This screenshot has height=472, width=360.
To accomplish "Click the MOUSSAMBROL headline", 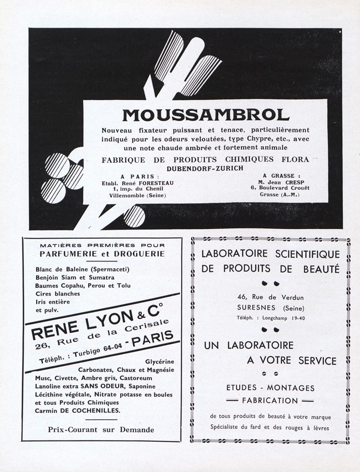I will [x=206, y=115].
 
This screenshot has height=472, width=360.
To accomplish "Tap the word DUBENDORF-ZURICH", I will [x=205, y=168].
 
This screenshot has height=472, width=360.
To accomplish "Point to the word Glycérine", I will [x=160, y=361].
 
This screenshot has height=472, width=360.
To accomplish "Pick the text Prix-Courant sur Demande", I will [x=101, y=430].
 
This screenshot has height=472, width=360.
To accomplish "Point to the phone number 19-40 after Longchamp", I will [x=297, y=318].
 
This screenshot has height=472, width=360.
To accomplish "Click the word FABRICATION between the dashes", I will [x=270, y=400].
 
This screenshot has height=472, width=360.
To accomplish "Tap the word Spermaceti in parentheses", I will [x=110, y=269].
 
